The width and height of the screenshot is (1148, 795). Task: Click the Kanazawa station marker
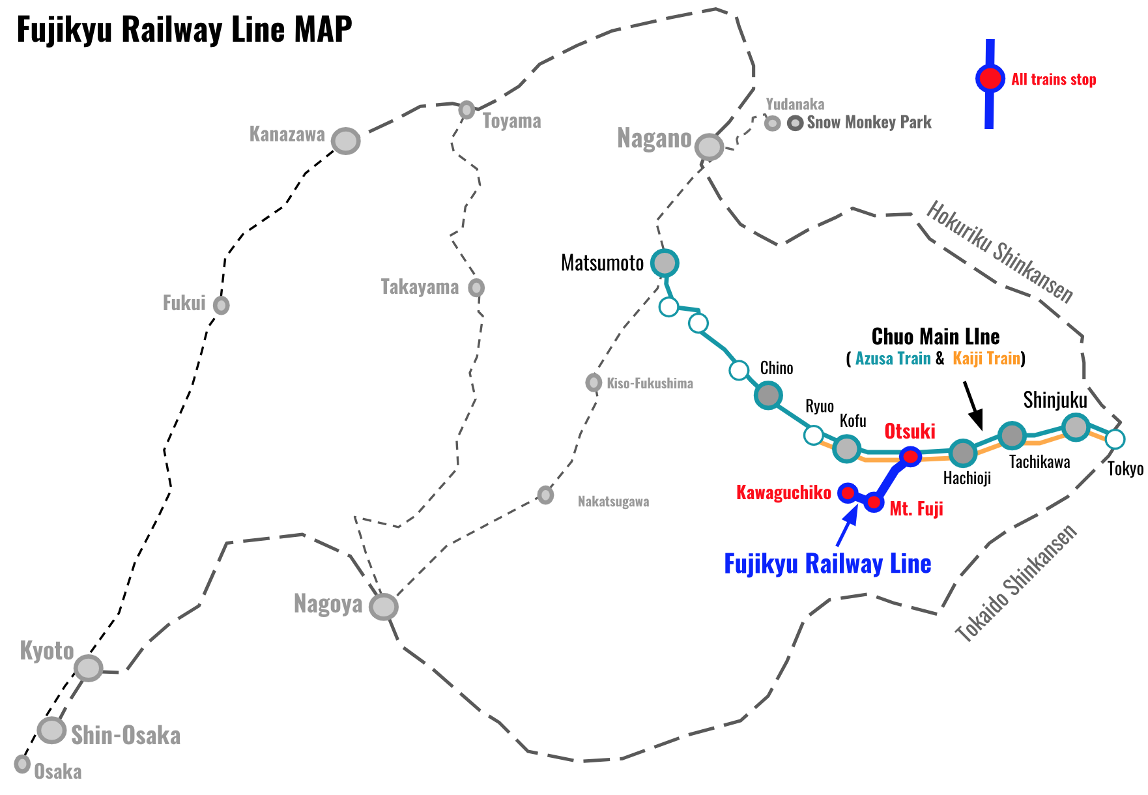point(346,141)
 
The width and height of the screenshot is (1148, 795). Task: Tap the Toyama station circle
point(466,109)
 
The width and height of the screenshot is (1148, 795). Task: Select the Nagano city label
point(654,139)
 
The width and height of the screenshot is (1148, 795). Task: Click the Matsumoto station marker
point(665,263)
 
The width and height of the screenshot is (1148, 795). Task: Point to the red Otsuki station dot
point(910,457)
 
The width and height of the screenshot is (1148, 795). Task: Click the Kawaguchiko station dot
point(848,493)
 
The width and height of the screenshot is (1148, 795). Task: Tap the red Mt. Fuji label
point(916,509)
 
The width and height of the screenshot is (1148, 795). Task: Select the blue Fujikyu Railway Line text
point(827,564)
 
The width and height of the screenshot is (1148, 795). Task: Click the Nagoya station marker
point(384,607)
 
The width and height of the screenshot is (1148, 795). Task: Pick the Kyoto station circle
point(88,668)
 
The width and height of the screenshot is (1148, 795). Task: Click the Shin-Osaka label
point(126,736)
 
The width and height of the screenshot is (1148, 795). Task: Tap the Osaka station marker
point(23,764)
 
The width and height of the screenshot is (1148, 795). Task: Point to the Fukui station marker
point(222,305)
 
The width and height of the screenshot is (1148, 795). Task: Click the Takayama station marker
point(477,287)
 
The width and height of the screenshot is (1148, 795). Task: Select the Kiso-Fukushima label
point(650,384)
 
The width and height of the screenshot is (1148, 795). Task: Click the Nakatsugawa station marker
point(546,495)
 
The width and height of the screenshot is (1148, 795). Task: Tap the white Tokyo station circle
point(1115,439)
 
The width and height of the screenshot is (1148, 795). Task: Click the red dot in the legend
point(990,79)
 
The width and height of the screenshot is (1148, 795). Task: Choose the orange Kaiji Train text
point(986,358)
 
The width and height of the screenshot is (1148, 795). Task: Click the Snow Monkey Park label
point(869,123)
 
